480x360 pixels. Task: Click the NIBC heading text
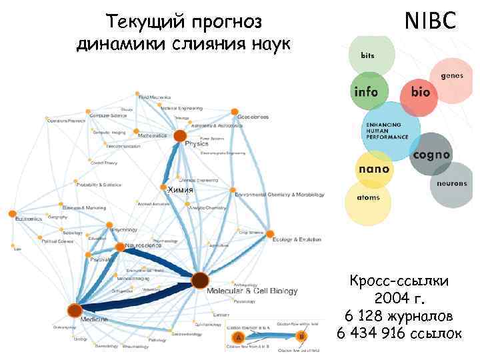pyautogui.click(x=431, y=22)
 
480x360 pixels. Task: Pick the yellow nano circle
pyautogui.click(x=374, y=169)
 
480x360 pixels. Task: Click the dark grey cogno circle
pyautogui.click(x=431, y=154)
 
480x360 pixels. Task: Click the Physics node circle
pyautogui.click(x=180, y=136)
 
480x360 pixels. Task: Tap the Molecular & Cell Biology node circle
pyautogui.click(x=199, y=281)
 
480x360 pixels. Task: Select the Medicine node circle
pyautogui.click(x=75, y=310)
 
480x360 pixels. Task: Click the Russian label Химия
pyautogui.click(x=180, y=191)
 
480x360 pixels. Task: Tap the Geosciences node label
pyautogui.click(x=253, y=117)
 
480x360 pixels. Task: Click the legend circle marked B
pyautogui.click(x=300, y=337)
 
